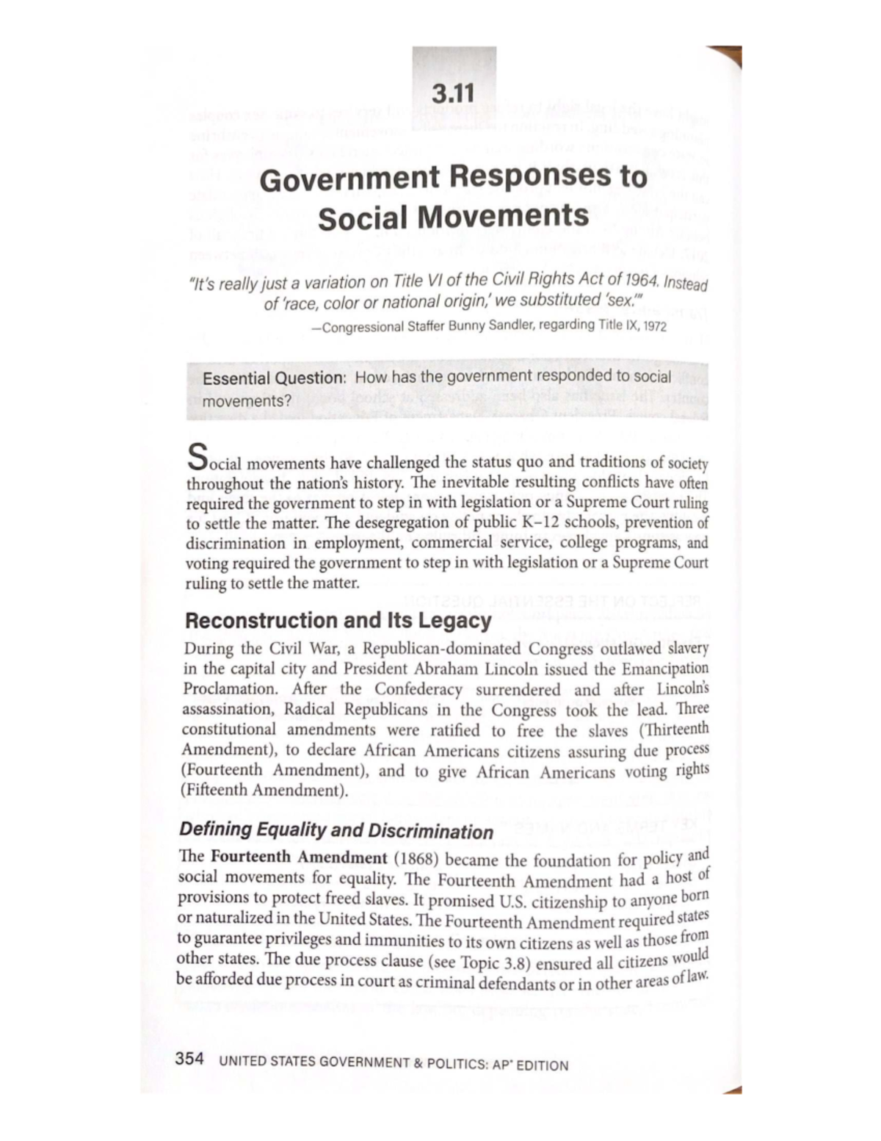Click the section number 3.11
click(x=453, y=93)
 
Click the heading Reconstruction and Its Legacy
click(x=338, y=621)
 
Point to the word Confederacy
click(x=418, y=690)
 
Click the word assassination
click(x=228, y=710)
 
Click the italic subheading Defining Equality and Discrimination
click(x=336, y=831)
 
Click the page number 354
click(x=189, y=1059)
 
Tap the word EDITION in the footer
click(x=542, y=1065)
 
